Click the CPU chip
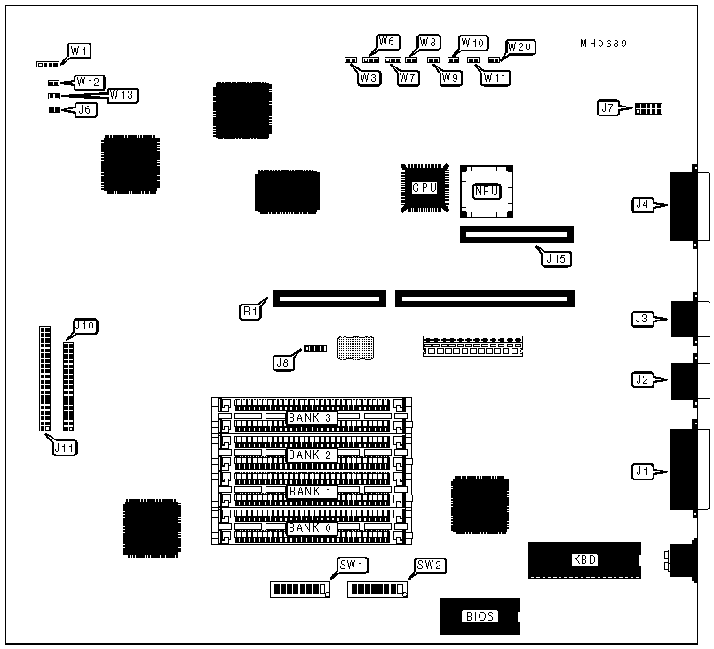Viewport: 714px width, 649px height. (x=424, y=187)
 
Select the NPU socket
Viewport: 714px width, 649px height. (x=485, y=190)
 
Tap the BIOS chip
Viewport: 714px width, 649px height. (x=479, y=616)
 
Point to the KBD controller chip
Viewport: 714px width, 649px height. (x=583, y=559)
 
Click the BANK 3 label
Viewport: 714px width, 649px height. (x=310, y=417)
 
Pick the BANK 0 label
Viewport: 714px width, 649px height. (x=310, y=528)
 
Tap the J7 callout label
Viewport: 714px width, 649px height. (x=608, y=108)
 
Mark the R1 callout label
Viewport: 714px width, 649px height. (x=250, y=312)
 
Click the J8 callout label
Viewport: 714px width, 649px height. (x=283, y=361)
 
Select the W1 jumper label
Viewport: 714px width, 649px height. (x=80, y=50)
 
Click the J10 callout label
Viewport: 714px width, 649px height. (x=85, y=326)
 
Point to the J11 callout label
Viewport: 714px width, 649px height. (x=63, y=447)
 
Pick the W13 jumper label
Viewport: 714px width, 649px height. (x=123, y=94)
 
